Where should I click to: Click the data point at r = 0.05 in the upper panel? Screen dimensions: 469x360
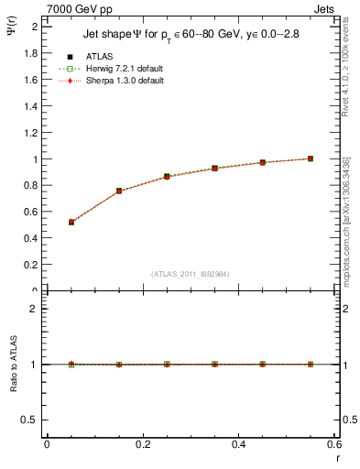[71, 222]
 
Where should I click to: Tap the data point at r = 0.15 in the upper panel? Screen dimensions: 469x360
[119, 191]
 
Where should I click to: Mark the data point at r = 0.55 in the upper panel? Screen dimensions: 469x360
[311, 158]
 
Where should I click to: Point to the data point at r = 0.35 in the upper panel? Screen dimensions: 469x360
[214, 169]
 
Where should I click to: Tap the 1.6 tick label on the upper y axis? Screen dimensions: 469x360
[30, 80]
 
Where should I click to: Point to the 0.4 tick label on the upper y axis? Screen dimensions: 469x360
[30, 238]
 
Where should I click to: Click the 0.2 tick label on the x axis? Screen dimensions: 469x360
[142, 443]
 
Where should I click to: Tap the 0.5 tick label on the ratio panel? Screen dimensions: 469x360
[30, 420]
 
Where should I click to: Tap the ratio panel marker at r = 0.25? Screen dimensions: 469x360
[167, 364]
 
